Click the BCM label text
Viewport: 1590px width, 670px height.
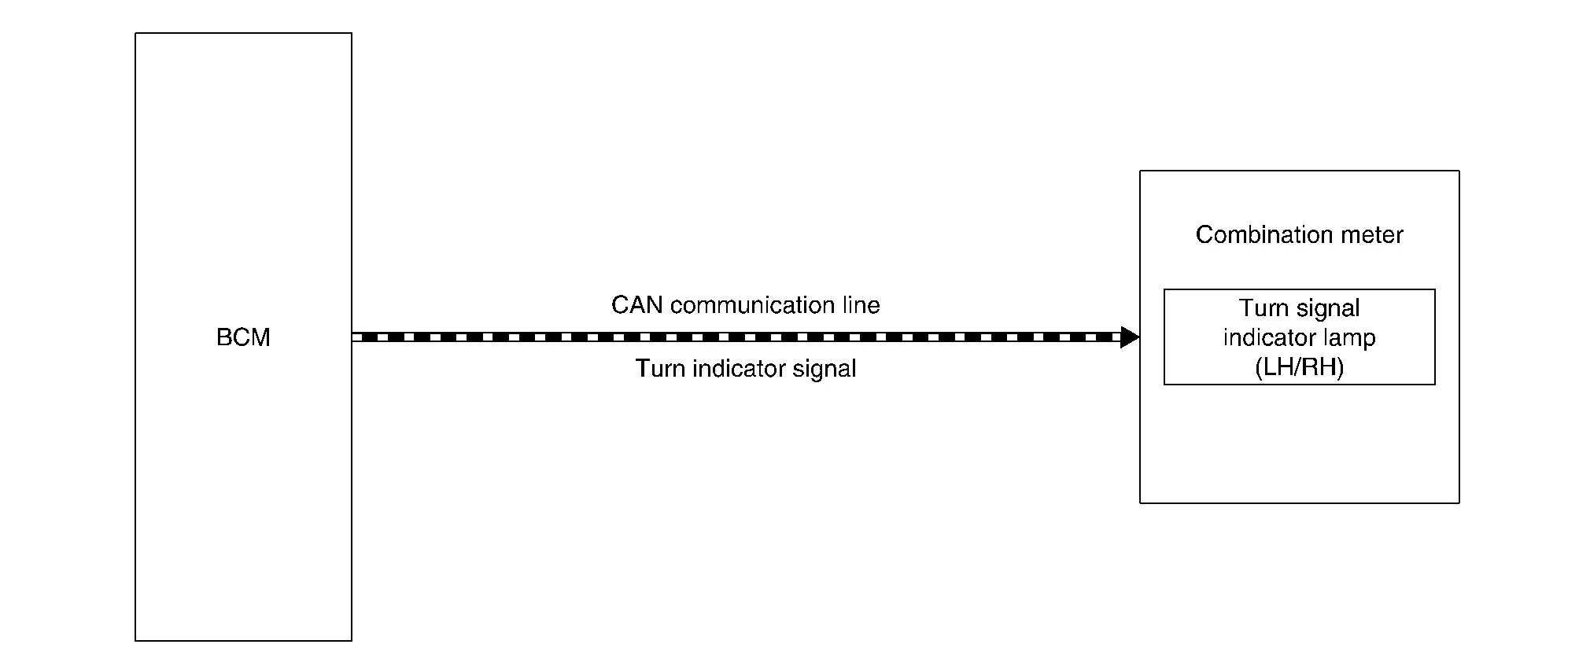(x=243, y=337)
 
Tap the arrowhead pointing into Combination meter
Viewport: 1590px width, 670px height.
(x=1130, y=337)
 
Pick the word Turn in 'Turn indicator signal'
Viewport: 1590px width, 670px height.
(x=660, y=369)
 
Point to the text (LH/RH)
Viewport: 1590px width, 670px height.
(x=1300, y=368)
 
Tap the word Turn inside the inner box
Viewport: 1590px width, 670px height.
(x=1264, y=307)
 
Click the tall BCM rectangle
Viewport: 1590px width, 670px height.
(x=135, y=337)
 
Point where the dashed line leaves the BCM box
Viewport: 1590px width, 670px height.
(x=352, y=337)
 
